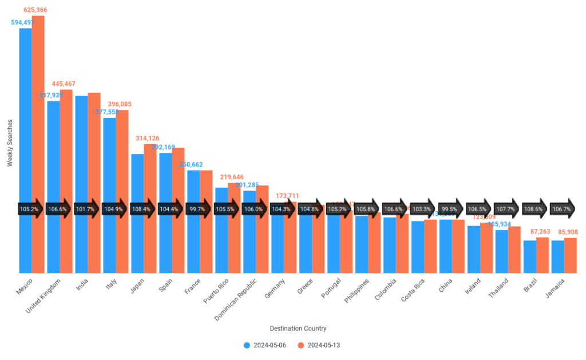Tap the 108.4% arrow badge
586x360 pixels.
click(144, 209)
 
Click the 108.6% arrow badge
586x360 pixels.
click(536, 209)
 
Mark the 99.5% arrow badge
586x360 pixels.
click(452, 209)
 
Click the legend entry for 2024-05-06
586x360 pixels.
click(264, 345)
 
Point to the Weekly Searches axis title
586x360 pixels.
click(10, 144)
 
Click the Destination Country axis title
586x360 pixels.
click(298, 329)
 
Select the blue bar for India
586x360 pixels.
click(81, 183)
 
